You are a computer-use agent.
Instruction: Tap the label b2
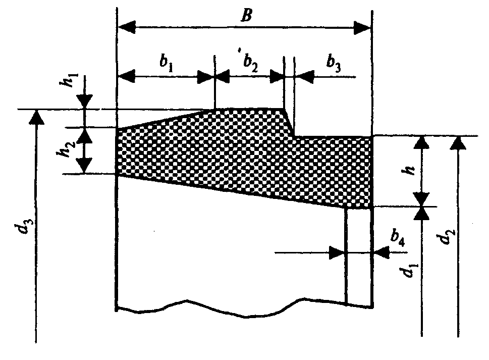[249, 65]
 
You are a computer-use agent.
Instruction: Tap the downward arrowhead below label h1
[85, 101]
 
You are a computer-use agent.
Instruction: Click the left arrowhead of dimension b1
[126, 77]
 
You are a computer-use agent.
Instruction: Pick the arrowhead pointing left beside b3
[302, 77]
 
